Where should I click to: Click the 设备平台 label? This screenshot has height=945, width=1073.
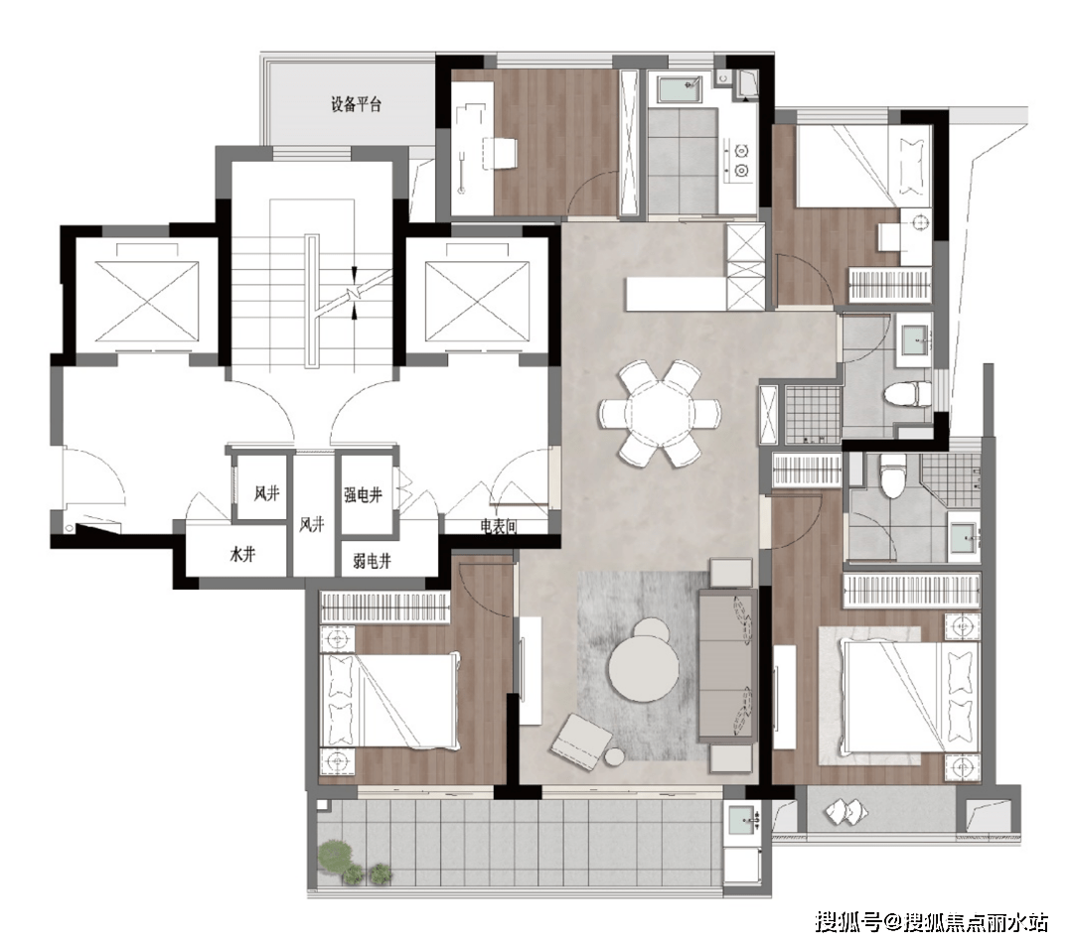pyautogui.click(x=356, y=105)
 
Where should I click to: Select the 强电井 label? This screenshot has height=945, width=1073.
pyautogui.click(x=364, y=493)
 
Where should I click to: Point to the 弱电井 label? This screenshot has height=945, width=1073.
pyautogui.click(x=372, y=562)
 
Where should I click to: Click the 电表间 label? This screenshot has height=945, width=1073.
pyautogui.click(x=498, y=527)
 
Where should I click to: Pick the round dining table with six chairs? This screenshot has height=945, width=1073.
pyautogui.click(x=660, y=412)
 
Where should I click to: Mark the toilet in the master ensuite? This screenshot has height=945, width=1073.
pyautogui.click(x=894, y=475)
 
